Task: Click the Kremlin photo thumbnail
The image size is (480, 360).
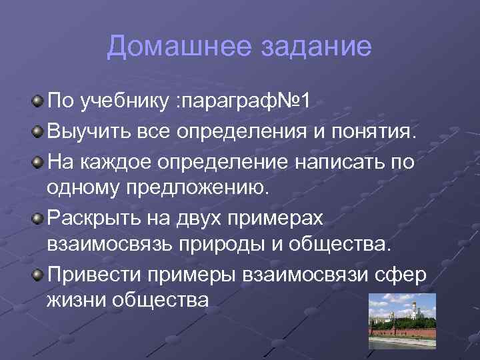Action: pyautogui.click(x=402, y=321)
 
